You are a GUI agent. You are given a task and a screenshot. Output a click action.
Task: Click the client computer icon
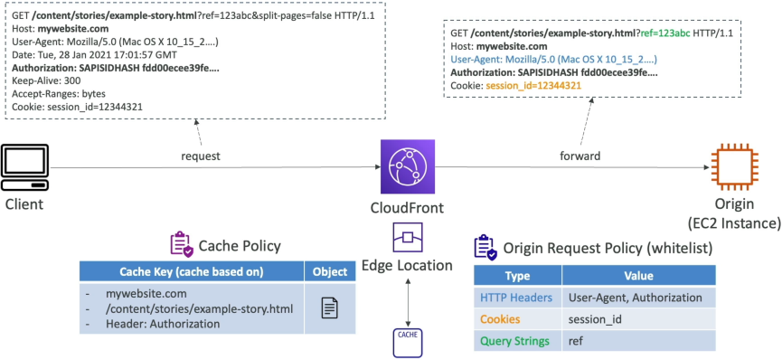[25, 167]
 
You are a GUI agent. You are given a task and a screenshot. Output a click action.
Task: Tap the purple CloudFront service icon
[408, 166]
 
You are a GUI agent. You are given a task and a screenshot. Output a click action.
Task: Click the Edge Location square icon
[408, 238]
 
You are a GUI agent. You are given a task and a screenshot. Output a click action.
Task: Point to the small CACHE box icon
[408, 343]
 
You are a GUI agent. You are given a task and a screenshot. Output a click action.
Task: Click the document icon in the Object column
[329, 308]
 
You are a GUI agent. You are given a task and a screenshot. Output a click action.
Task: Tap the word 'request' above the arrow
[201, 156]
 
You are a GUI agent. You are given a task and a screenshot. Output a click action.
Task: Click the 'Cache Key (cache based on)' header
[192, 271]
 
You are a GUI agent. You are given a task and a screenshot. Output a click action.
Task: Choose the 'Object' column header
[330, 271]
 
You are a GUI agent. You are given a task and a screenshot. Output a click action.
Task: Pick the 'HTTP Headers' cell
[517, 298]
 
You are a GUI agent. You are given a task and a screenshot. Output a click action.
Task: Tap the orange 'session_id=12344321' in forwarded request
[533, 86]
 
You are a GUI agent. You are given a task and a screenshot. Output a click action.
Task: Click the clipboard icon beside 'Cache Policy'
[182, 243]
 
